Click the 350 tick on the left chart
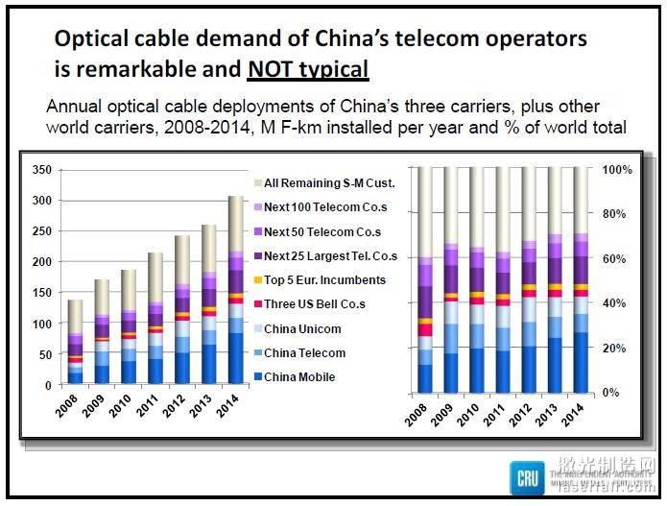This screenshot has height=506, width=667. pyautogui.click(x=40, y=170)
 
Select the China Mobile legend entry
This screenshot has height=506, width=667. pyautogui.click(x=299, y=377)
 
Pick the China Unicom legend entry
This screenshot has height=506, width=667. pyautogui.click(x=302, y=329)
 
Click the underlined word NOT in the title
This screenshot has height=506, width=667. pyautogui.click(x=275, y=69)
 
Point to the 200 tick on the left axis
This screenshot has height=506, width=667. pyautogui.click(x=40, y=262)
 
